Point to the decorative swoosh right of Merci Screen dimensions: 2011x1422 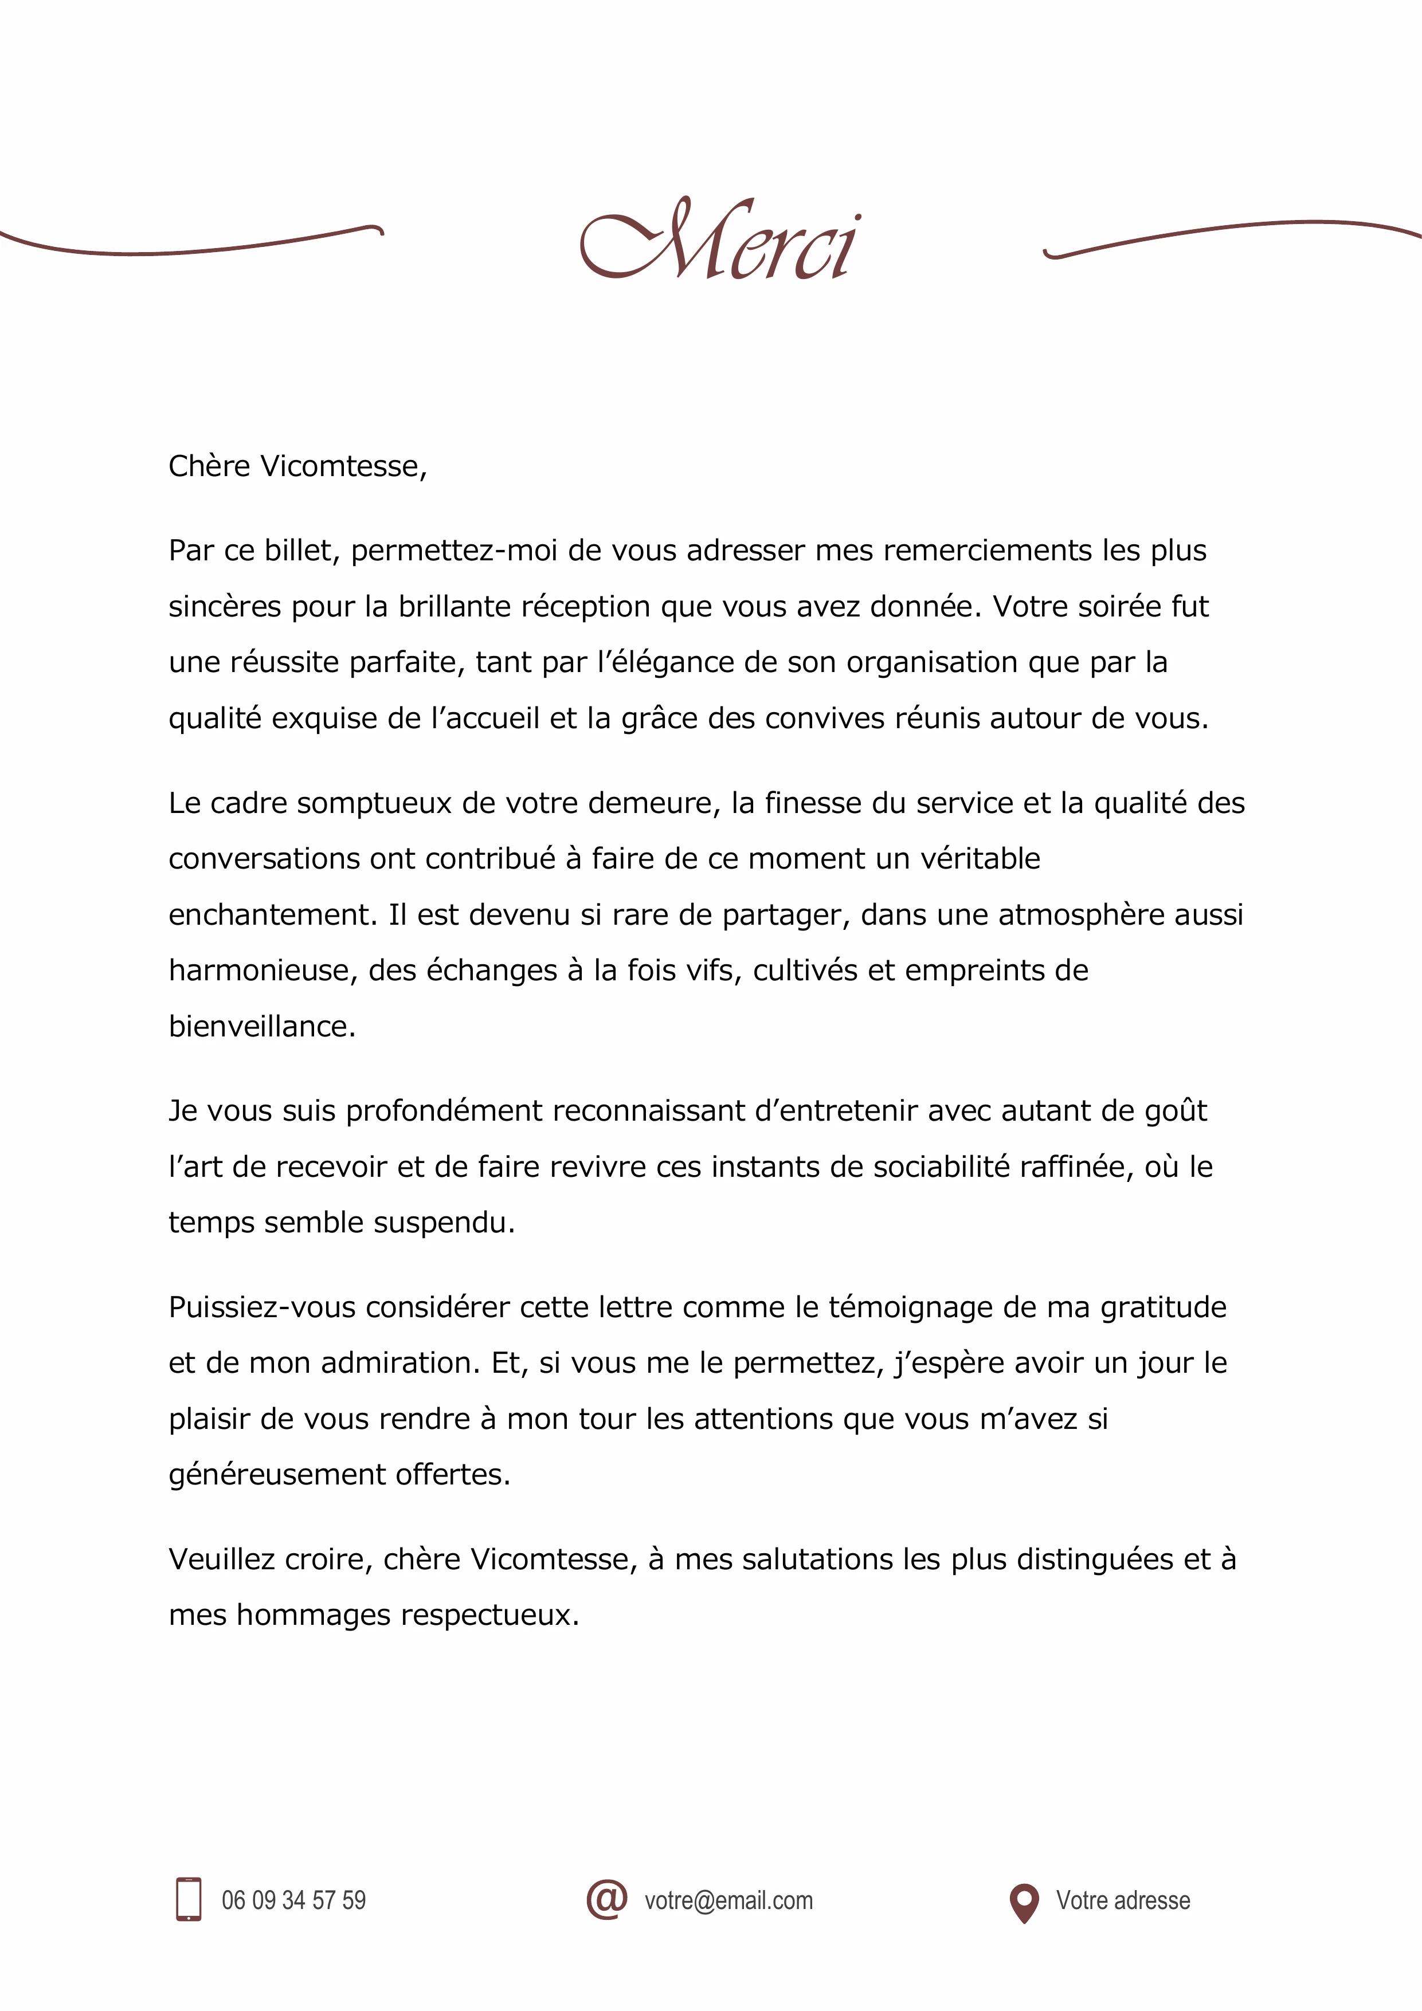coord(1227,234)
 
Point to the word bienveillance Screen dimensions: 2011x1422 coord(261,1027)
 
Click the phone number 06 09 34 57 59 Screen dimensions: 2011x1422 coord(293,1900)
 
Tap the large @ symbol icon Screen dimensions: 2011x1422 coord(606,1898)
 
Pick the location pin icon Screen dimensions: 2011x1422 coord(1023,1902)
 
